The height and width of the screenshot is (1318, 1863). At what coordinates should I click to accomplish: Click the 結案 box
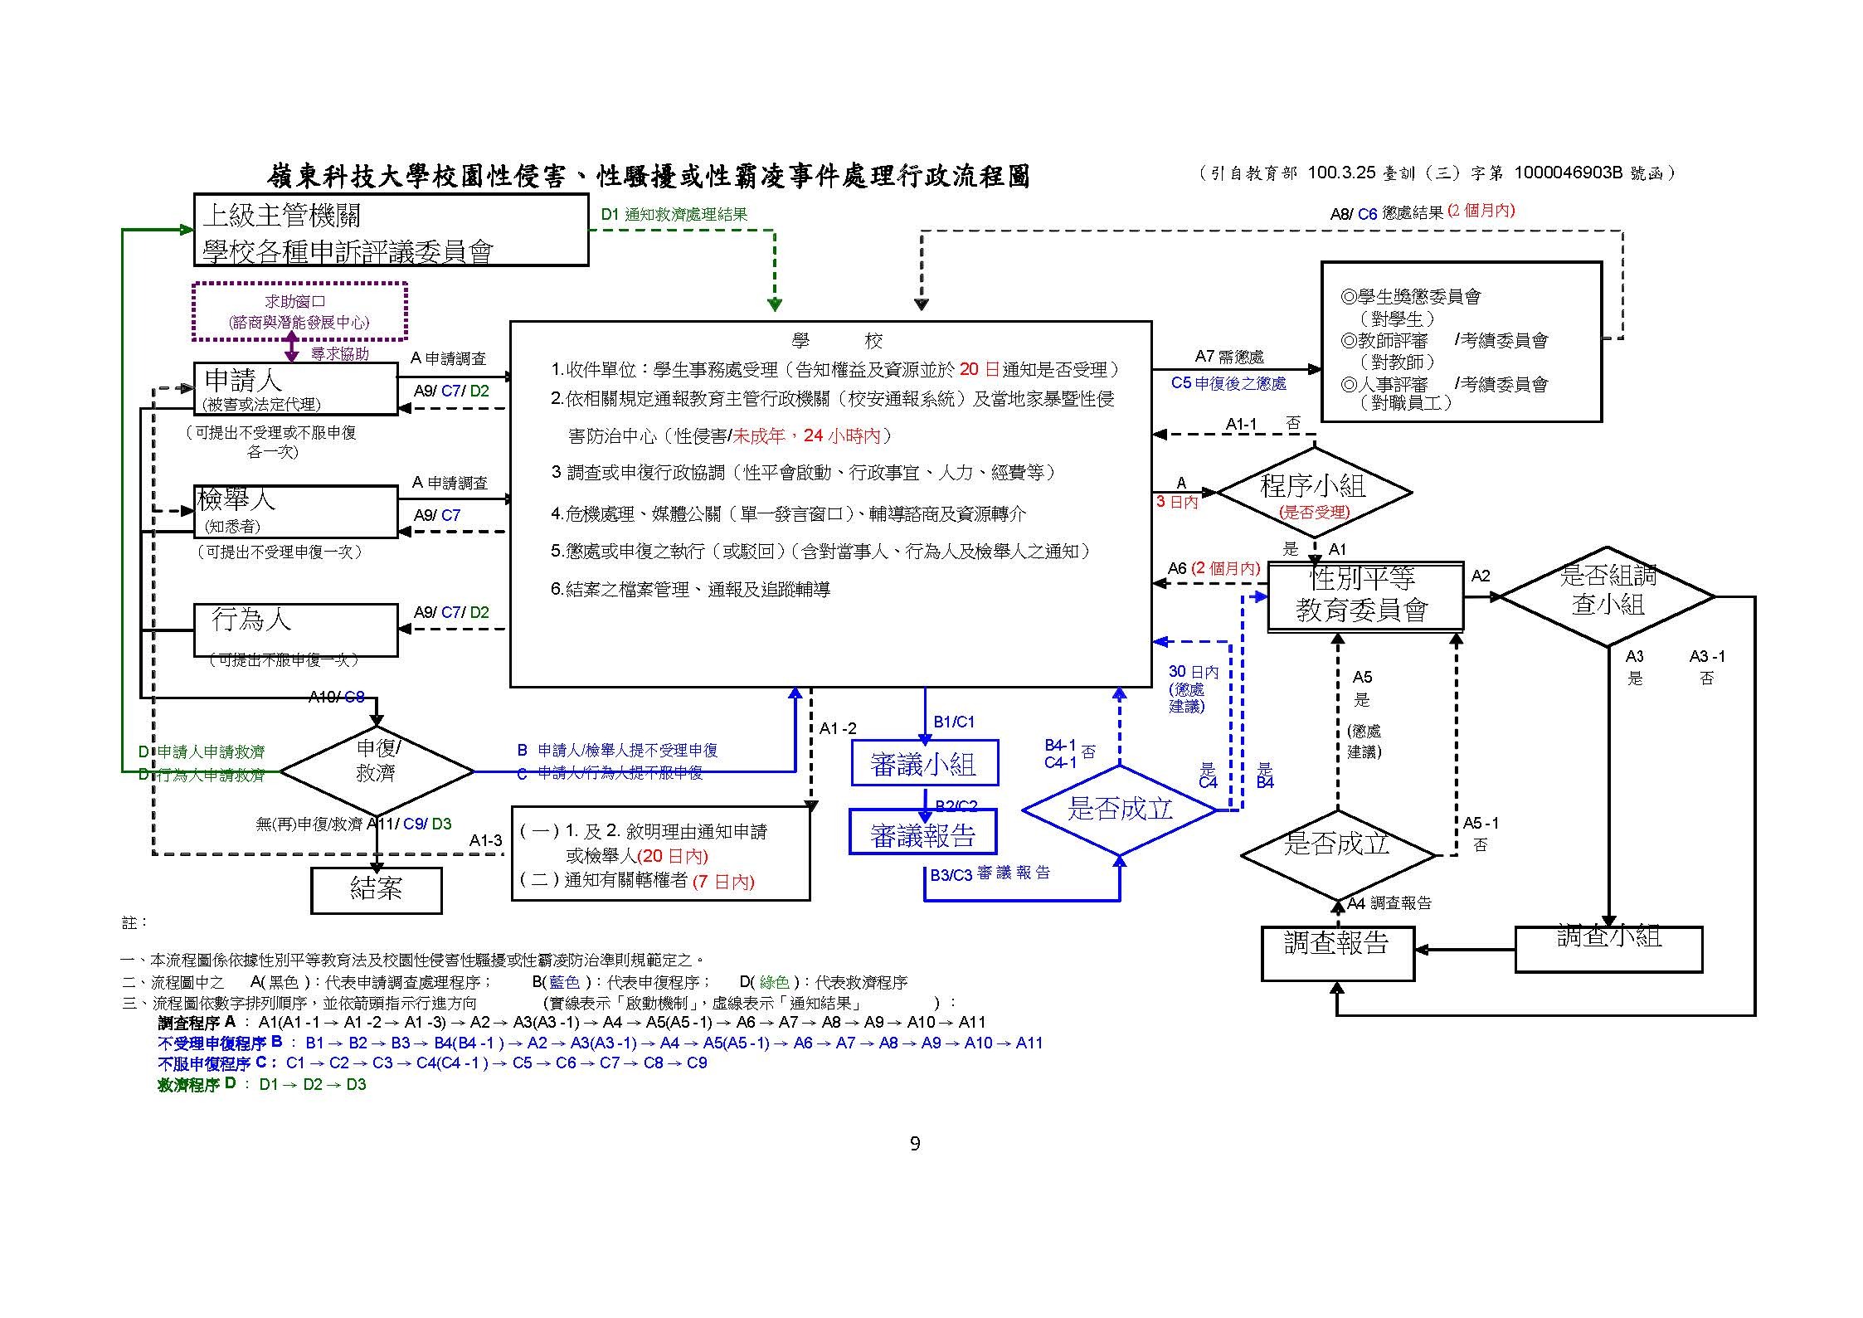point(376,890)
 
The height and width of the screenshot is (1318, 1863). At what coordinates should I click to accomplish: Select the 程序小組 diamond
point(1314,493)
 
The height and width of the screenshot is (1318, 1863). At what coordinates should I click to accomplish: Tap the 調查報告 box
point(1337,953)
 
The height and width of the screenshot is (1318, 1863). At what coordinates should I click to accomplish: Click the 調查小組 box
point(1608,949)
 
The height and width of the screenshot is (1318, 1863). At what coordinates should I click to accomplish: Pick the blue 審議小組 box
point(924,763)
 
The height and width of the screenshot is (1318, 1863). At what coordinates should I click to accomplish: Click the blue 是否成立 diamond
point(1120,810)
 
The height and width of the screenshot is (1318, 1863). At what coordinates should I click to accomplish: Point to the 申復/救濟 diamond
point(377,771)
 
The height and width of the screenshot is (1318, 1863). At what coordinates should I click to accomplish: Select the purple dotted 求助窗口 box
point(299,312)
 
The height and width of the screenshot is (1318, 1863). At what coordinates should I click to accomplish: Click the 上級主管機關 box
point(391,231)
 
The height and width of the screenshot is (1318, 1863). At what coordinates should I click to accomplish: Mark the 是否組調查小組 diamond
point(1608,596)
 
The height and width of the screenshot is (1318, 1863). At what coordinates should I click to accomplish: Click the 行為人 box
point(295,630)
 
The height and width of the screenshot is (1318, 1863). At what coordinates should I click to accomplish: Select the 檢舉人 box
point(295,511)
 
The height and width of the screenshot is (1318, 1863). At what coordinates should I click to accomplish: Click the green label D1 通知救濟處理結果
point(674,214)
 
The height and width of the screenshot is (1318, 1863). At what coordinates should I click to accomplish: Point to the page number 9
point(915,1144)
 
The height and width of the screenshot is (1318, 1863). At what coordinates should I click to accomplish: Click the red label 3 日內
point(1177,502)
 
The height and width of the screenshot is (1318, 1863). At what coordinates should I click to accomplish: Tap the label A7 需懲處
point(1228,356)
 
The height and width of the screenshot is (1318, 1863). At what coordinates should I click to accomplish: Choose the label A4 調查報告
point(1389,903)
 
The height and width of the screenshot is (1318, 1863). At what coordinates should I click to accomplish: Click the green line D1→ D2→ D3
point(312,1084)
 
